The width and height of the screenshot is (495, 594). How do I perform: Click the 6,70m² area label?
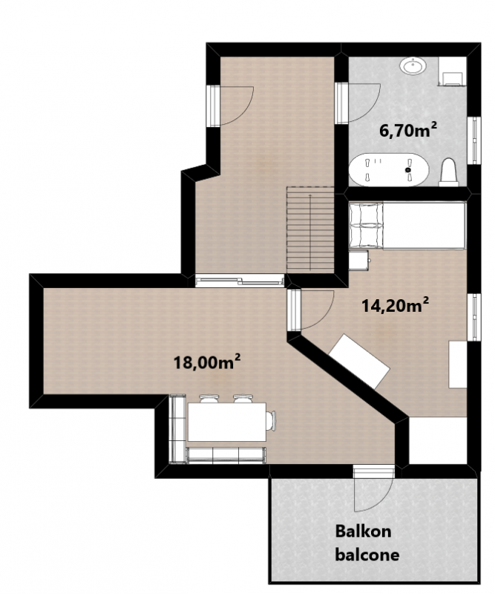click(408, 131)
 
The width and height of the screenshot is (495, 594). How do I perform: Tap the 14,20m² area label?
click(396, 305)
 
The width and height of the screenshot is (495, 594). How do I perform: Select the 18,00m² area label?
click(207, 362)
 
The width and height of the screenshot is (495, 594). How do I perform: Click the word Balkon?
click(363, 532)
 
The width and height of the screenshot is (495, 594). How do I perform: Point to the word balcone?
click(367, 555)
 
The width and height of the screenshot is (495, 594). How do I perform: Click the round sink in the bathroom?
click(413, 66)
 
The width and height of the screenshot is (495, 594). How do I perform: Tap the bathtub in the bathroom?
click(389, 170)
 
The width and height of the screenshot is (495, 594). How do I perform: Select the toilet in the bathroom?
click(448, 172)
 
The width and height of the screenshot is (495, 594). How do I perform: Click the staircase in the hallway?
click(310, 230)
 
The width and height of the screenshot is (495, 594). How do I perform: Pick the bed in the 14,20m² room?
click(407, 226)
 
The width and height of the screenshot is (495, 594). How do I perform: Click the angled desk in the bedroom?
click(359, 362)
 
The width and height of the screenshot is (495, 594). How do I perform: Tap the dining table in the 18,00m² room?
click(227, 422)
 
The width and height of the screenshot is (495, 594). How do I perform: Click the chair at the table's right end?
click(271, 421)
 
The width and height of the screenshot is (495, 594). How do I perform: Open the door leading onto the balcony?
click(373, 492)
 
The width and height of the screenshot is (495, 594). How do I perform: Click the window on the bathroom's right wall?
click(473, 140)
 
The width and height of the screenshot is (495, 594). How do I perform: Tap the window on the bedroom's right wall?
click(473, 318)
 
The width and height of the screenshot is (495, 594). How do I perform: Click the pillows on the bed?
click(366, 225)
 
